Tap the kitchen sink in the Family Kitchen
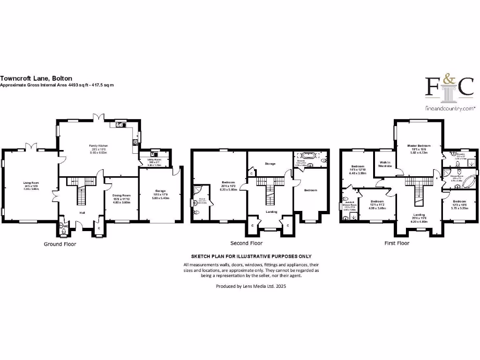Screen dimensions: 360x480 pos(120,125)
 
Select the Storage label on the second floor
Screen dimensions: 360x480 pos(270,164)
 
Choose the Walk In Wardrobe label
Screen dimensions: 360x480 pos(385,164)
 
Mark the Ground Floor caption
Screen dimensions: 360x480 pos(60,244)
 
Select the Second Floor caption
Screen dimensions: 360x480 pos(246,243)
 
